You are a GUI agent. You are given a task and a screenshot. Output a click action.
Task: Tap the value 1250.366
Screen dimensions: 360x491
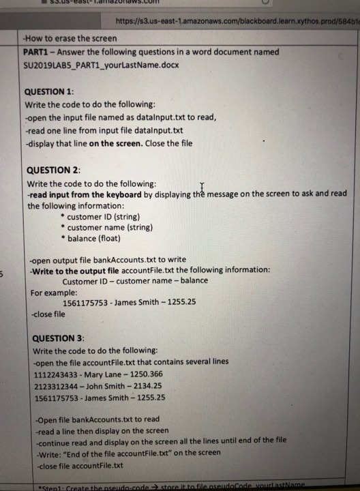click(x=151, y=373)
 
